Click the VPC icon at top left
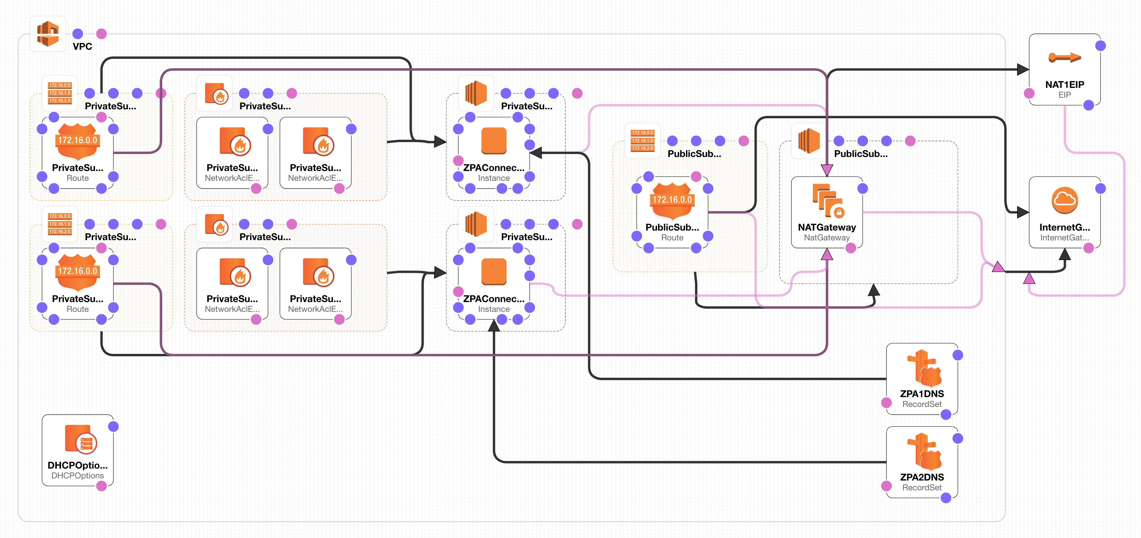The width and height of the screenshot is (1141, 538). (48, 34)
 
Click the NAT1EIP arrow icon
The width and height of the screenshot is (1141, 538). (1064, 57)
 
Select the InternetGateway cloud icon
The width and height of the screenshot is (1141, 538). (1064, 200)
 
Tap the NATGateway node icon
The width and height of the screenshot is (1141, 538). (827, 200)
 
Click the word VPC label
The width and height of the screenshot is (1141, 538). (82, 46)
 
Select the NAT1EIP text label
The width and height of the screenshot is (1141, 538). (1064, 84)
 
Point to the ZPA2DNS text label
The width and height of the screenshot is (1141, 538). (922, 477)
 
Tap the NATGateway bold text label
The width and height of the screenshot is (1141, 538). (827, 227)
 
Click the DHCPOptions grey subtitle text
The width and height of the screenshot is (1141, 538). (77, 475)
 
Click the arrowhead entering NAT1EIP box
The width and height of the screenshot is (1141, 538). (1022, 70)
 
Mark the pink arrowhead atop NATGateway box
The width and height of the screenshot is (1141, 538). (827, 170)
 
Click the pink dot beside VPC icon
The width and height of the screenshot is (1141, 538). (102, 34)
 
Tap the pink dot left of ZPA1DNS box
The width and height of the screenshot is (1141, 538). (886, 402)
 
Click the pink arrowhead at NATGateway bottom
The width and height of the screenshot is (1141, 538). (827, 254)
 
